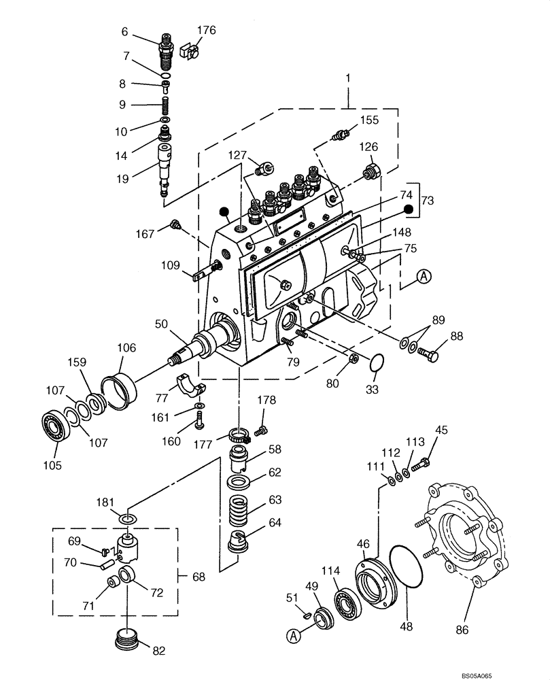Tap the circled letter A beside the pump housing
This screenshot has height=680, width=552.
tap(424, 275)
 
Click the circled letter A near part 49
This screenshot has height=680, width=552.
tap(294, 636)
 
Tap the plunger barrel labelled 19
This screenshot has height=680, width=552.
tap(165, 167)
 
